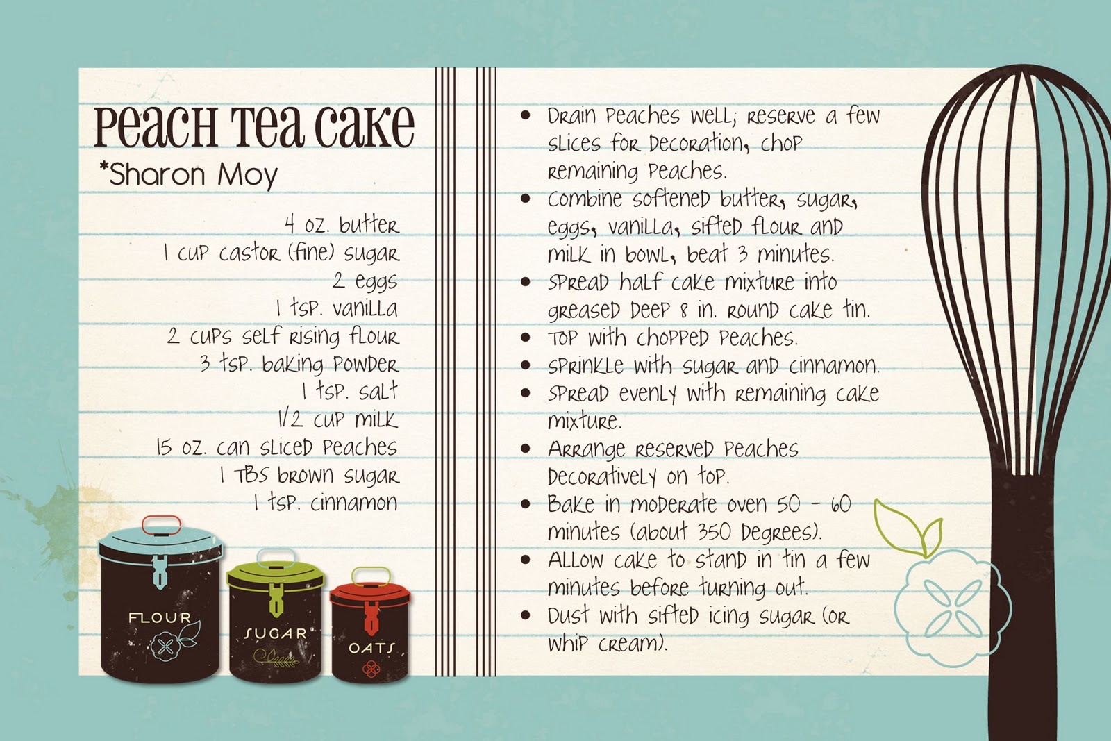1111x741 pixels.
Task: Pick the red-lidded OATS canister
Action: [x=370, y=635]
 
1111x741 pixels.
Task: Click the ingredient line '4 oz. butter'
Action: [x=342, y=225]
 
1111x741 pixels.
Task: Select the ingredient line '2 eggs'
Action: [x=365, y=281]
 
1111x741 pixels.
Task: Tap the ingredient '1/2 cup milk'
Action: [x=337, y=419]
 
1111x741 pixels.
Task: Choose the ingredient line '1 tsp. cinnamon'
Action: [x=326, y=503]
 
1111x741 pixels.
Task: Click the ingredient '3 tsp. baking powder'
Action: [x=299, y=364]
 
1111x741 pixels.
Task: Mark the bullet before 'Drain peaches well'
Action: [x=526, y=115]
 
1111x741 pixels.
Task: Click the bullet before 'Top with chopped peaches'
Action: [x=526, y=338]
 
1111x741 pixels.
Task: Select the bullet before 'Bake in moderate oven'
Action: [x=526, y=504]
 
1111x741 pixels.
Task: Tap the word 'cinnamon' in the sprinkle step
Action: [x=833, y=365]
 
